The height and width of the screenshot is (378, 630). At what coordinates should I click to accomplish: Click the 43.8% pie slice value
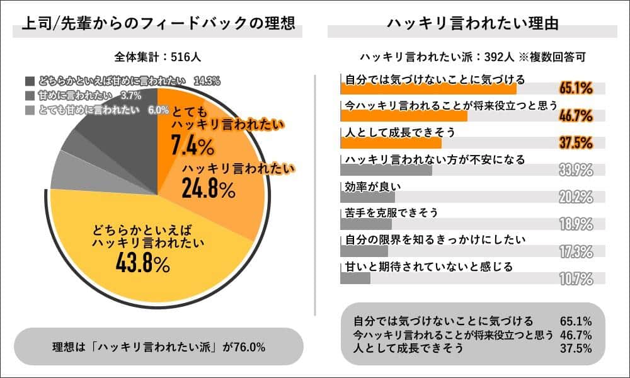point(143,263)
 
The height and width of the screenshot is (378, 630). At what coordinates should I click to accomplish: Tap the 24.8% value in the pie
point(209,187)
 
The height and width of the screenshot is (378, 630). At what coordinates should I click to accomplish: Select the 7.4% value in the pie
point(193,147)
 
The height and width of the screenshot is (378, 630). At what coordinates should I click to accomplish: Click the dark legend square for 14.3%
point(30,81)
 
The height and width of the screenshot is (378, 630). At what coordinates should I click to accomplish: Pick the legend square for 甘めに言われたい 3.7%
point(30,95)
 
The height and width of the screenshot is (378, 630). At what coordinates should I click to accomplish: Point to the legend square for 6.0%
point(30,109)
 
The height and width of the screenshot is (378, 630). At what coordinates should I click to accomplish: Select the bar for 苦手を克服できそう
point(365,224)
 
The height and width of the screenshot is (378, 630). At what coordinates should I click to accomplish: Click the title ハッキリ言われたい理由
point(473,24)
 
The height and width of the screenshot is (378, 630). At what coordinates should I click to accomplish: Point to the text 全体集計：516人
point(158,56)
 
